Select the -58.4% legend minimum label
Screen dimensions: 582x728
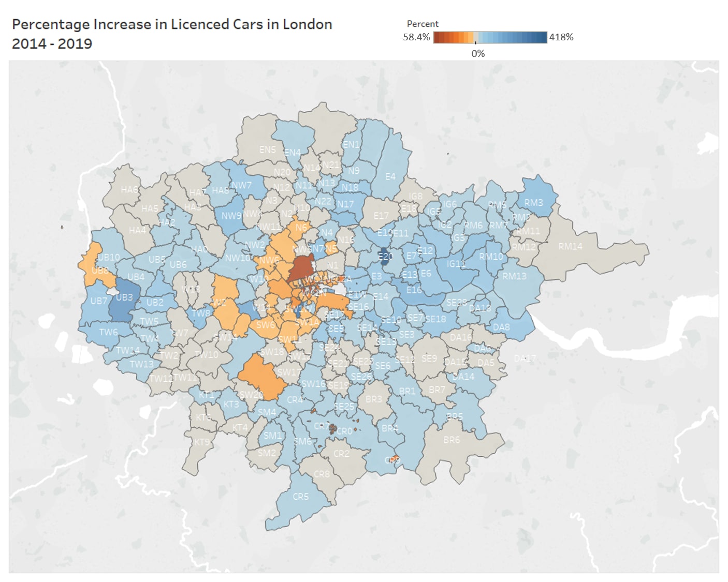tap(415, 37)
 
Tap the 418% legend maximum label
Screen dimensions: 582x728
tap(561, 37)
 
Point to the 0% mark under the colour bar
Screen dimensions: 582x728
tap(478, 53)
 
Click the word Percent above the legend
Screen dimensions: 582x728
tap(423, 24)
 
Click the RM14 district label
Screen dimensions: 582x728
tap(570, 246)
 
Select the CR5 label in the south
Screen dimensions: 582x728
tap(300, 496)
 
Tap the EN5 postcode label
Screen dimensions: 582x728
tap(267, 150)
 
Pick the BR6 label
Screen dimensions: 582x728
tap(452, 440)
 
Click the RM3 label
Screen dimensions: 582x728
tap(533, 202)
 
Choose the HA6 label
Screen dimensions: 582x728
tap(129, 189)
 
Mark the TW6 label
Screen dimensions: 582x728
tap(108, 332)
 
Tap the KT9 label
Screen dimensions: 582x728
tap(202, 442)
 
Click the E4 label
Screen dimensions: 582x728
tap(390, 176)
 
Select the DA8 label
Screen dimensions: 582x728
tap(501, 327)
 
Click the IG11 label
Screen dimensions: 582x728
tap(456, 264)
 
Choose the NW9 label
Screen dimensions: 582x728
tap(231, 216)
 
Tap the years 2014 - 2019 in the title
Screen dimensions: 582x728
tap(52, 43)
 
